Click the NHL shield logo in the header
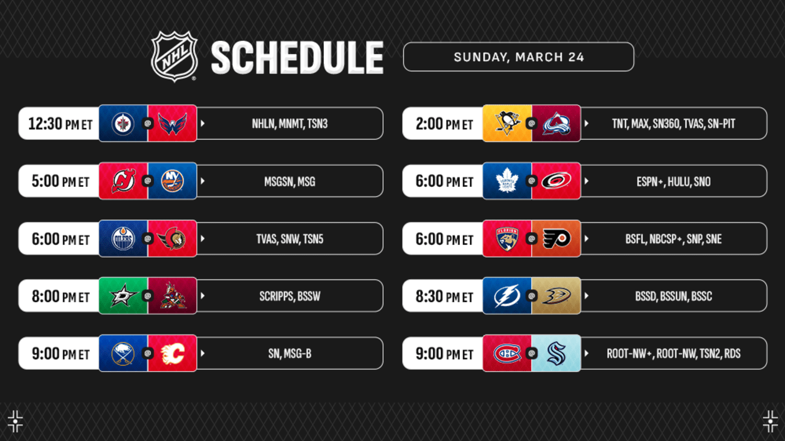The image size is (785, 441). click(174, 56)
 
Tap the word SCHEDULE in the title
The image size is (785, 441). click(297, 58)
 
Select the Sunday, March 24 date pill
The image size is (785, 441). click(518, 57)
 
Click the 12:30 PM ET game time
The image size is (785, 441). click(60, 124)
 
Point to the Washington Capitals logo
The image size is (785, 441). click(172, 124)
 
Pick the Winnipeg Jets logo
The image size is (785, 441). click(123, 124)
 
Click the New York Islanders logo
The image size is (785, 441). click(172, 181)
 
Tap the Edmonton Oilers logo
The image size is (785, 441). click(123, 238)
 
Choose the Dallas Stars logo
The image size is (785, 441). click(123, 296)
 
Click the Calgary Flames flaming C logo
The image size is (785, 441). click(172, 353)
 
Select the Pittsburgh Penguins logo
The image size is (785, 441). click(507, 123)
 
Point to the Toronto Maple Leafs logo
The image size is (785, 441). click(507, 181)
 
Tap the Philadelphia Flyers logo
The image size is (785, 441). click(556, 238)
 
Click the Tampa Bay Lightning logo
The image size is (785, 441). click(507, 296)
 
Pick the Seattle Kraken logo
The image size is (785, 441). click(556, 353)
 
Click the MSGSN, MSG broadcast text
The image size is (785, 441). click(289, 181)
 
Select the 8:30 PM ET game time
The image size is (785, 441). click(444, 296)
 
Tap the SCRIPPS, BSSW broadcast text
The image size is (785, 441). click(289, 296)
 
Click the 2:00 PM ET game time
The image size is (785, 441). click(444, 124)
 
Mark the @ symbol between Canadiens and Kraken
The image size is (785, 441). click(532, 353)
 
